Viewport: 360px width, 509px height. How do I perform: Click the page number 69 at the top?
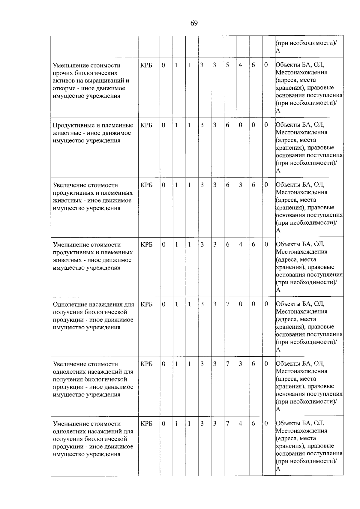tap(194, 23)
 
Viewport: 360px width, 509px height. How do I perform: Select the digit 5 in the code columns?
tap(227, 65)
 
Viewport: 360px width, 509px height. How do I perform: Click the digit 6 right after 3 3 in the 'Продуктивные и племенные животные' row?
tap(227, 125)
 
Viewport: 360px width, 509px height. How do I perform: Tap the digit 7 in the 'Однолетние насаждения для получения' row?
tap(227, 304)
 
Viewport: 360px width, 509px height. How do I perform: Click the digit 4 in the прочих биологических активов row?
tap(240, 65)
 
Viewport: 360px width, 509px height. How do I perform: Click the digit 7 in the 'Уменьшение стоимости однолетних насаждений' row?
tap(227, 424)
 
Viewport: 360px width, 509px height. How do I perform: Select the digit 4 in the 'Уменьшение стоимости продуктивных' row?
tap(240, 245)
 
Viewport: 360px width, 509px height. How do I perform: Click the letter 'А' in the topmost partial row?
tap(278, 51)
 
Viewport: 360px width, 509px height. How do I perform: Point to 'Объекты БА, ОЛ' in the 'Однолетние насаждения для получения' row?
tap(300, 304)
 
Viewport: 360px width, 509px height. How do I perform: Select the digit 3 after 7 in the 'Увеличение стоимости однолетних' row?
tap(240, 364)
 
